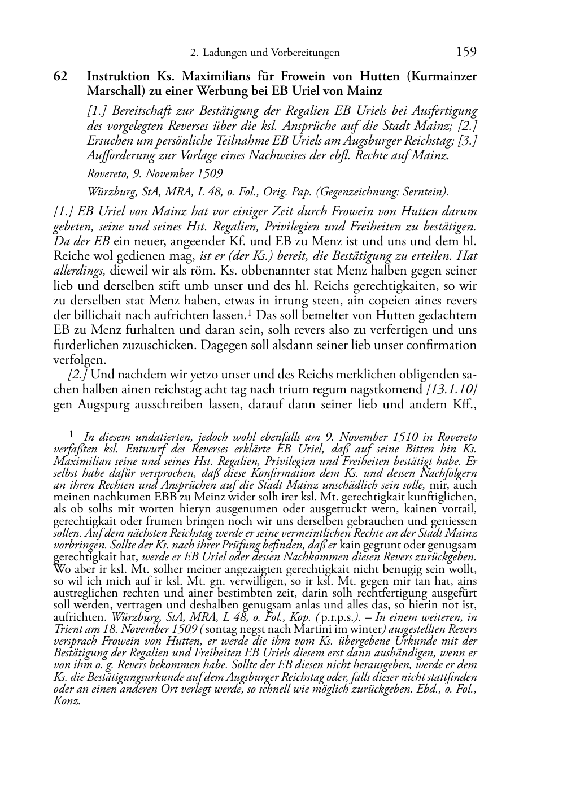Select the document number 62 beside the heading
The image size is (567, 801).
[x=61, y=76]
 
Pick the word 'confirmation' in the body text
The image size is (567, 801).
[x=441, y=345]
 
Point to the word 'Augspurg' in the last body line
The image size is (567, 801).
[x=101, y=403]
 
